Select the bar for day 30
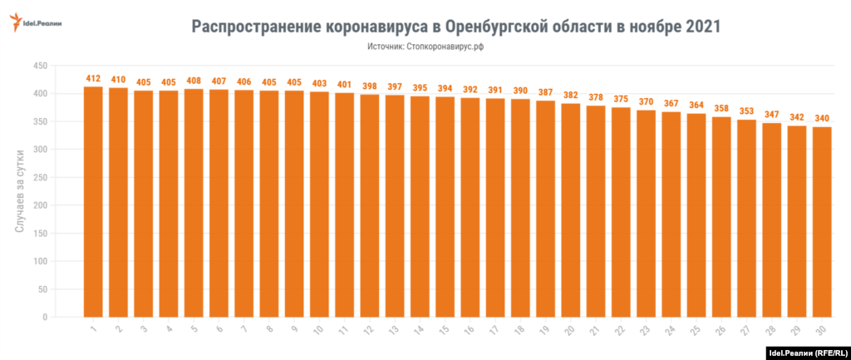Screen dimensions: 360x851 pyautogui.click(x=822, y=222)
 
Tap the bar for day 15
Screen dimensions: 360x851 pyautogui.click(x=445, y=207)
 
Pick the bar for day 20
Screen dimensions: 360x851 pyautogui.click(x=571, y=210)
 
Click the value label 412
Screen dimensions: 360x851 pyautogui.click(x=93, y=79)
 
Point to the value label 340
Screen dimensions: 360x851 pyautogui.click(x=822, y=119)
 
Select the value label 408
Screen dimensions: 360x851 pyautogui.click(x=194, y=81)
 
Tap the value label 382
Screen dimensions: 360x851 pyautogui.click(x=571, y=96)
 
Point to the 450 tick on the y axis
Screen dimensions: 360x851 pyautogui.click(x=38, y=66)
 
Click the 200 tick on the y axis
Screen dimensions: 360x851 pyautogui.click(x=38, y=205)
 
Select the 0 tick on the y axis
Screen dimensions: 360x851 pyautogui.click(x=45, y=317)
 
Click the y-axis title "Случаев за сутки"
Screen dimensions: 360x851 pyautogui.click(x=20, y=190)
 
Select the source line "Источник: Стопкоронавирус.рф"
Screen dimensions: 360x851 pyautogui.click(x=425, y=47)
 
